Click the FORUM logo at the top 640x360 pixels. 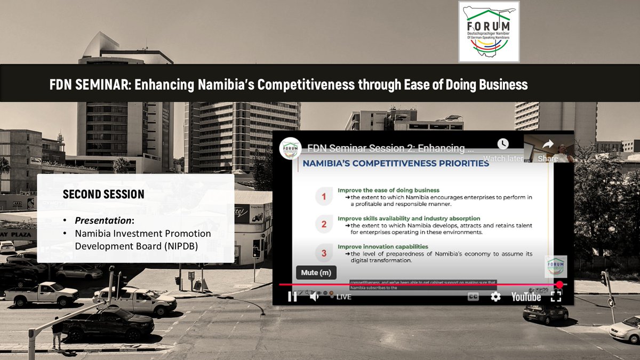point(489,31)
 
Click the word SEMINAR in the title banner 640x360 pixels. point(99,84)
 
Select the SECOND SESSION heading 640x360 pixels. point(103,194)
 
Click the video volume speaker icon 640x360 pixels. point(314,297)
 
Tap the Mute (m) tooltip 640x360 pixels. point(317,273)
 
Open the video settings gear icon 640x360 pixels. point(495,297)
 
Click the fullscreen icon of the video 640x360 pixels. point(556,297)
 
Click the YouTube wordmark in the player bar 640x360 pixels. point(526,297)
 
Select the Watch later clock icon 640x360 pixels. point(503,144)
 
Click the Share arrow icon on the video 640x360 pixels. point(548,145)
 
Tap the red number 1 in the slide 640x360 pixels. point(323,196)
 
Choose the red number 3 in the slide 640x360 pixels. point(323,253)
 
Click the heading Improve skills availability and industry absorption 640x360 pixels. point(409,218)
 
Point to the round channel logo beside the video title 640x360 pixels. point(290,148)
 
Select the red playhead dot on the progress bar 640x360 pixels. point(559,285)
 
